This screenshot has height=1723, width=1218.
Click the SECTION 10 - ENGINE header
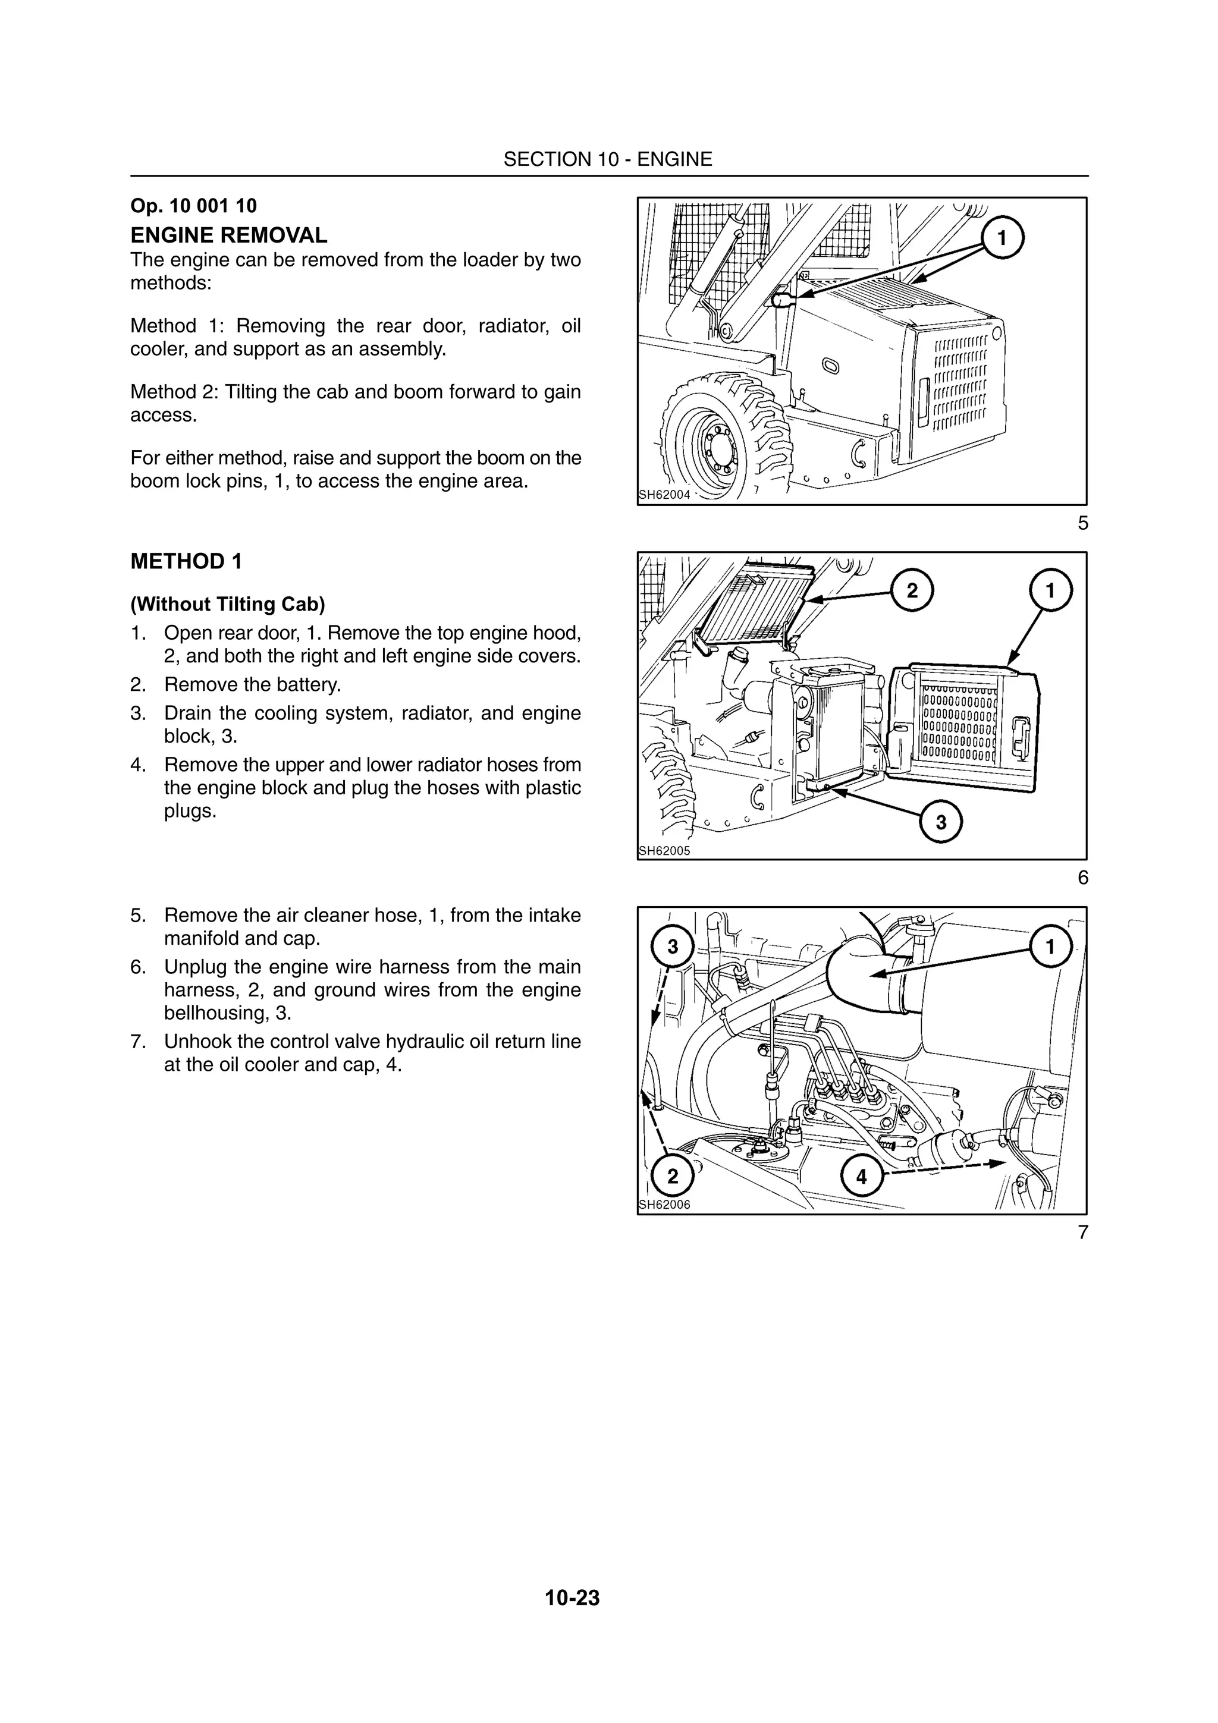607,159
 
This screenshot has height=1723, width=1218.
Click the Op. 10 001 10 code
194,206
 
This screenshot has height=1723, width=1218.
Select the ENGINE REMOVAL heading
229,235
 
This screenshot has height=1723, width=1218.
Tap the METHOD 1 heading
186,561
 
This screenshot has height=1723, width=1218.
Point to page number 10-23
573,1598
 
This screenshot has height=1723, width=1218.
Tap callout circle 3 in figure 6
941,822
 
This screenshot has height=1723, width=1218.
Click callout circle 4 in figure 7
861,1177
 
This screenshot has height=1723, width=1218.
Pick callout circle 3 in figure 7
673,947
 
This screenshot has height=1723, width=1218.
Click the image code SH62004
664,495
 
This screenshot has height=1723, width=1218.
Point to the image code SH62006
664,1205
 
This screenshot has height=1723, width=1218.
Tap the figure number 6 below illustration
1082,878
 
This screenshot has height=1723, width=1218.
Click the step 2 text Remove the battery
252,684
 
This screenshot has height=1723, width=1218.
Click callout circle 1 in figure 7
1050,947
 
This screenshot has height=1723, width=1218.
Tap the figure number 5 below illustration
1082,523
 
